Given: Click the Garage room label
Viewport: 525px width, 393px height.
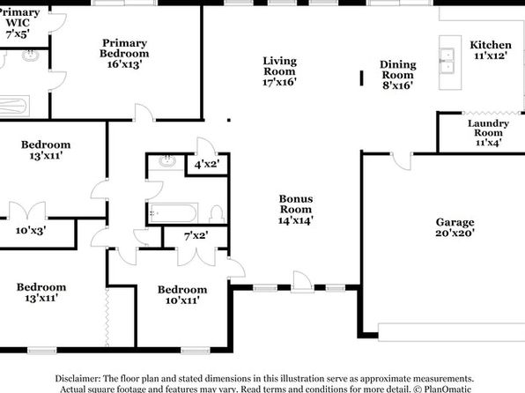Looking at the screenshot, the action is [x=455, y=227].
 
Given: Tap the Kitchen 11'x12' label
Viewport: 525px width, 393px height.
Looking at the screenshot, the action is [x=491, y=50].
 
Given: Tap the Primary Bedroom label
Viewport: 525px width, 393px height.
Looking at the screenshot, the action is [x=124, y=54].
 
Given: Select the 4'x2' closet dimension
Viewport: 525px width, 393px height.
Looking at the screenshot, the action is [x=207, y=164].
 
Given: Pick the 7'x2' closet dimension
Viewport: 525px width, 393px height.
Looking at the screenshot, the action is [x=196, y=236].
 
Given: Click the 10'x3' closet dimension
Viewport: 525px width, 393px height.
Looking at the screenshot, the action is [x=31, y=231].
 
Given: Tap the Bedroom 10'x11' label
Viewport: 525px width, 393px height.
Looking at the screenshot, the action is [x=182, y=295].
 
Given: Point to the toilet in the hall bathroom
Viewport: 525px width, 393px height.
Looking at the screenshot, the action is [x=217, y=214].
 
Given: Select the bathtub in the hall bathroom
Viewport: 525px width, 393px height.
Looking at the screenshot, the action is [x=173, y=212].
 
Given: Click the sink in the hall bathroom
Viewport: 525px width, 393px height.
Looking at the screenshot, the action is [x=167, y=161].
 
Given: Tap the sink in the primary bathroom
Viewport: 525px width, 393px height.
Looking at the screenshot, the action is [x=30, y=56].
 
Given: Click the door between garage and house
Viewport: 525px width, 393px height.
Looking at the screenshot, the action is [x=402, y=161].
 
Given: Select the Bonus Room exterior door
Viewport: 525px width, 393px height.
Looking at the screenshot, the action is [x=302, y=281].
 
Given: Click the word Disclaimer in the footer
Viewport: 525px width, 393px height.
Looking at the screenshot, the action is [x=78, y=379].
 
